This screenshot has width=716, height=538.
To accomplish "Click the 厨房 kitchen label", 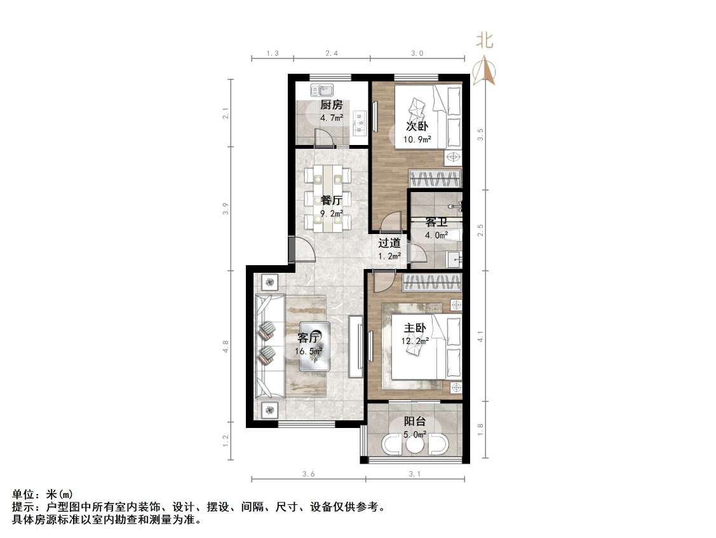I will click(x=331, y=105).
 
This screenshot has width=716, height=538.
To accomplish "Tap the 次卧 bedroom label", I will click(x=417, y=126).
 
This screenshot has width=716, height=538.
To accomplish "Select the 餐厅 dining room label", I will click(x=332, y=201).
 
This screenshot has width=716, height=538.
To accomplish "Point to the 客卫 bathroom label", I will click(x=436, y=223).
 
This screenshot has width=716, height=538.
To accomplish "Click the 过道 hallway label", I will click(x=389, y=242).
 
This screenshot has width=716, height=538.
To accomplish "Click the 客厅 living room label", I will click(x=309, y=338).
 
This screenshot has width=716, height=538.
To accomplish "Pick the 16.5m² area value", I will click(x=309, y=350).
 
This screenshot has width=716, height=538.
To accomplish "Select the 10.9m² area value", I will click(x=417, y=139).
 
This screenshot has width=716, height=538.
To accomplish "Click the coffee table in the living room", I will click(x=315, y=349).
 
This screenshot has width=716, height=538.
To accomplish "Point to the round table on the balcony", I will click(x=415, y=445).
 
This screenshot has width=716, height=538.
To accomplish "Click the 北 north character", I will click(x=485, y=42).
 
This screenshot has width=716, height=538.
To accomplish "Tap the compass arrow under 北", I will click(x=485, y=69).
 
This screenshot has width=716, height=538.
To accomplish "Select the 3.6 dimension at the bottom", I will click(x=308, y=474).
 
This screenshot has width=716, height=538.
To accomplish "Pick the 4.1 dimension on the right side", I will click(x=480, y=335).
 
